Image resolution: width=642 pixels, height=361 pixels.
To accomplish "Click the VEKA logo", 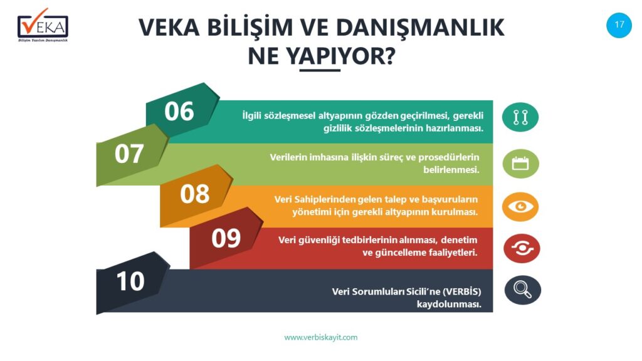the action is (43, 25).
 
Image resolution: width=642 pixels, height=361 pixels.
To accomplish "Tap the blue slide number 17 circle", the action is (619, 25).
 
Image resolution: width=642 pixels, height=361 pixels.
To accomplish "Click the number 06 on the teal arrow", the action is (179, 112).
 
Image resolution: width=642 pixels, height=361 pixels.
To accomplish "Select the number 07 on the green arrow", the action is (129, 154).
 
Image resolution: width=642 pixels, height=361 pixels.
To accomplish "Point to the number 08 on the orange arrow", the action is (194, 194).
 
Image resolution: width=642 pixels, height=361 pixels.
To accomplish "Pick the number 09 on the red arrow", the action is (226, 238).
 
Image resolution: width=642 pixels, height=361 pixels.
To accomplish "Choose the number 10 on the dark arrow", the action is (130, 281).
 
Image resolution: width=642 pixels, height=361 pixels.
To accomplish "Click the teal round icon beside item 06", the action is (520, 117).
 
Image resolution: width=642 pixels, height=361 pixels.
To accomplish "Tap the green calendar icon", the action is (520, 164).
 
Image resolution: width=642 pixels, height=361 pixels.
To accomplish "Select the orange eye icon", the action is (520, 207).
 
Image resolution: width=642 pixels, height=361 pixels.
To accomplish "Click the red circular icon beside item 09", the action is (522, 248).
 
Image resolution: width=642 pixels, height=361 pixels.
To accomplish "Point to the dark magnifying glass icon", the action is (522, 290).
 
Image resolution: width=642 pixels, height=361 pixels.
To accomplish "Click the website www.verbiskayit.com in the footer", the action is (320, 338).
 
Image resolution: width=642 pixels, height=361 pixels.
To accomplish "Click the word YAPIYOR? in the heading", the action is (340, 56).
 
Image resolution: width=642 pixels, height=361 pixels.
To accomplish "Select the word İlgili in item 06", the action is (251, 116).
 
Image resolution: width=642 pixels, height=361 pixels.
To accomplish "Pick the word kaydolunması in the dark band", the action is (449, 305).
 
